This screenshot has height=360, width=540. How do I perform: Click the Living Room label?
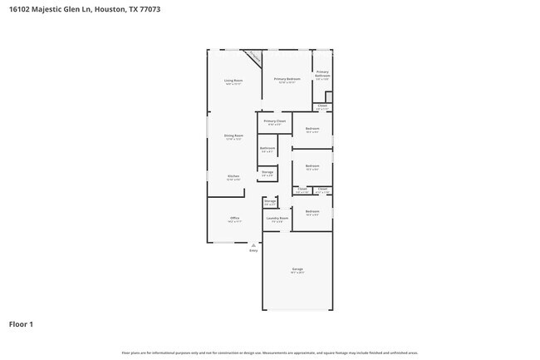coord(233,81)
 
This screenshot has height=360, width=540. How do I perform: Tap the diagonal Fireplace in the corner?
coord(255,58)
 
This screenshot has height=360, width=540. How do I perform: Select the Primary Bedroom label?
coord(287,79)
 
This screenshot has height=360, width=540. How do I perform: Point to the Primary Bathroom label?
coord(322,73)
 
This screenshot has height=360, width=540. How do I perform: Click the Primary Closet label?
coord(274,121)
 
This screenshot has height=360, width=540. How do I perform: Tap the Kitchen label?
coord(233,176)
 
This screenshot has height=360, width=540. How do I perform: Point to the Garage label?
coord(297,269)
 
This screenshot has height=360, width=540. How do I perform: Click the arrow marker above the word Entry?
coord(253,245)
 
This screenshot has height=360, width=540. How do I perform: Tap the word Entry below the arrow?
coord(253,250)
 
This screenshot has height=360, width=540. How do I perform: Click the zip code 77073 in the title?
coord(150,9)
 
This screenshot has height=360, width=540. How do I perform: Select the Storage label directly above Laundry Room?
coord(270,201)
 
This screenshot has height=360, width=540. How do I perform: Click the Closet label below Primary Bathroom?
coord(322,106)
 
